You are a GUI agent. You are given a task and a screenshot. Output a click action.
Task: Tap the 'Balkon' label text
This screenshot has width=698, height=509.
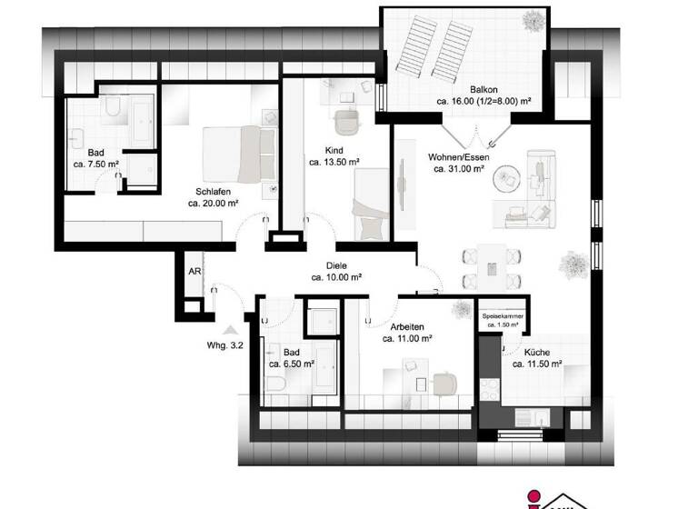[x=483, y=89]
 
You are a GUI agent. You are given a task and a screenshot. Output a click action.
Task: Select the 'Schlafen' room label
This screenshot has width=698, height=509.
[x=211, y=192]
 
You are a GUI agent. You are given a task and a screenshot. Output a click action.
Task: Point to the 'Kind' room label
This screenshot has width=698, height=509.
[x=334, y=150]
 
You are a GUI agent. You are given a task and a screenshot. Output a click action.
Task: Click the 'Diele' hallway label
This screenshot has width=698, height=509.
[x=337, y=265]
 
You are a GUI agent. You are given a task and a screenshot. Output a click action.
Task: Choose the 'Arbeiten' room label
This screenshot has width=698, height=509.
[x=406, y=326]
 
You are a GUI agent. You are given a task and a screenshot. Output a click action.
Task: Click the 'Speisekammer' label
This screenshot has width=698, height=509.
[x=503, y=316]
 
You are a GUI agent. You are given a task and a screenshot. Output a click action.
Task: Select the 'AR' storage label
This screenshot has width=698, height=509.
[x=194, y=271]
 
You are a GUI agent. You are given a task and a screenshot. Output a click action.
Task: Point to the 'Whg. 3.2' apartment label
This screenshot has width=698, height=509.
[x=223, y=344]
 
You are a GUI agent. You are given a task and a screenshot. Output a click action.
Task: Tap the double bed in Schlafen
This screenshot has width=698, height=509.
[x=238, y=154]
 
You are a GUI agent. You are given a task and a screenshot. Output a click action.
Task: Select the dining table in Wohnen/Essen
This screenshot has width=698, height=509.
[x=492, y=265]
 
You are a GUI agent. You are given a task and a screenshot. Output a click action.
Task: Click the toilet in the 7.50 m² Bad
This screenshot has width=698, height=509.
[x=112, y=110]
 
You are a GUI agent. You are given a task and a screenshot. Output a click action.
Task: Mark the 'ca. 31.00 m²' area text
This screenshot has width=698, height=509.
[x=457, y=169]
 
